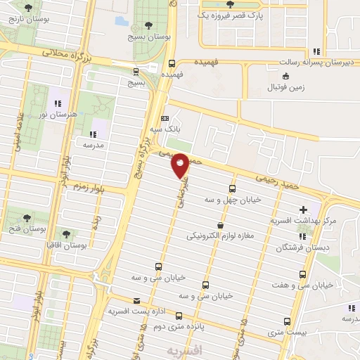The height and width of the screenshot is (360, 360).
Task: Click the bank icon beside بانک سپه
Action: [x=165, y=119]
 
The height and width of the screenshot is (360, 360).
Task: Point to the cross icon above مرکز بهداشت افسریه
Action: [x=303, y=210]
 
